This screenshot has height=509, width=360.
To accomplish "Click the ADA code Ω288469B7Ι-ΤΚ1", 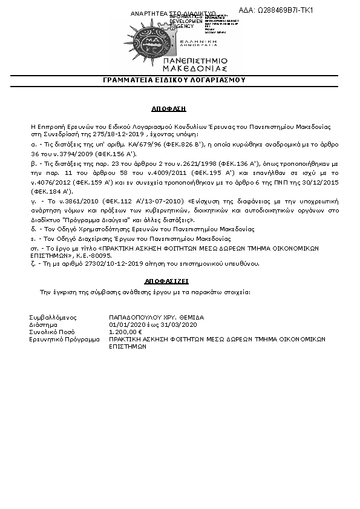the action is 284,10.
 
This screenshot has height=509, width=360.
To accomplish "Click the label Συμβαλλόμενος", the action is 53,317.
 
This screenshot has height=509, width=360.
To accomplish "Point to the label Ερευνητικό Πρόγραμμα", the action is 64,340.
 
